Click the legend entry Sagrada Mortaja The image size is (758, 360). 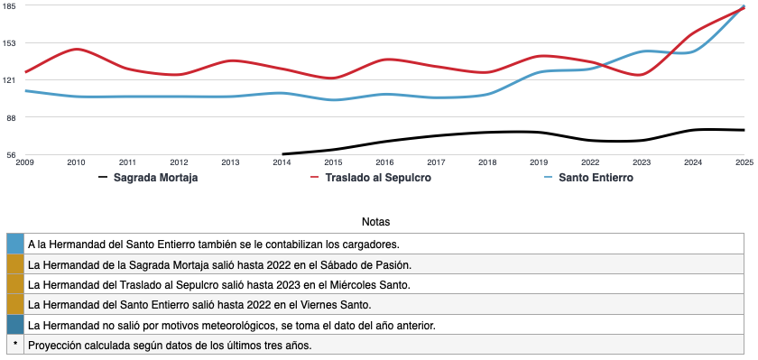tap(156, 178)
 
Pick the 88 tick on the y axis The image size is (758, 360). tap(11, 116)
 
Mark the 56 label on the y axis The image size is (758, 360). tap(11, 154)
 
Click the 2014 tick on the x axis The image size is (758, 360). tap(282, 162)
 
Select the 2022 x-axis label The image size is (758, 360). tap(590, 162)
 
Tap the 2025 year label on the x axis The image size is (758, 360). tap(744, 162)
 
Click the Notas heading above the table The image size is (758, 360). tap(375, 221)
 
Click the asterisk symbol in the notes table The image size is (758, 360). tap(14, 345)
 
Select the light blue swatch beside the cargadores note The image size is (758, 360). tap(14, 244)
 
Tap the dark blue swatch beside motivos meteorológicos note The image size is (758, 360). tap(14, 324)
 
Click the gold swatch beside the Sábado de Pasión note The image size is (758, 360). tap(14, 264)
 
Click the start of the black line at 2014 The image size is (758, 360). tap(283, 154)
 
